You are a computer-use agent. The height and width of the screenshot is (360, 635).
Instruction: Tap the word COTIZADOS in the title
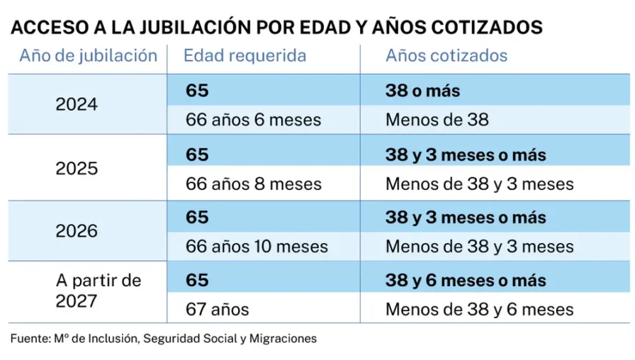[486, 27]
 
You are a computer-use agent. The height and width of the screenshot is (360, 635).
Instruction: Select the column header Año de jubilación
[89, 56]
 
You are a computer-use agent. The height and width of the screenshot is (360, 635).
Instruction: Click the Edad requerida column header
[245, 56]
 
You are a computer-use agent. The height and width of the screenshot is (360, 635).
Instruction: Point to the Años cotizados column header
[446, 55]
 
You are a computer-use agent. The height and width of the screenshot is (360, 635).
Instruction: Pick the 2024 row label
[77, 104]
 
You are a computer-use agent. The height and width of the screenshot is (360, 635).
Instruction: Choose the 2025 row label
[77, 169]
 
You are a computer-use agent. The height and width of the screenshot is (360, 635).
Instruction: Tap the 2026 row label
[77, 231]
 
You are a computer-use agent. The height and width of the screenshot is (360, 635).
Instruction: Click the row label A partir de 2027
[99, 291]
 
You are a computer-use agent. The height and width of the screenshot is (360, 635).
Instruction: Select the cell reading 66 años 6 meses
[253, 120]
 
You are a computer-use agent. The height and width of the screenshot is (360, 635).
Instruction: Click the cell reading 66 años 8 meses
[254, 184]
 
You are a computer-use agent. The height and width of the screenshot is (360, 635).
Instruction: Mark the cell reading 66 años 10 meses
[257, 247]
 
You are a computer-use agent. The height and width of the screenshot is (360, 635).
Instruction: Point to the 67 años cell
[217, 310]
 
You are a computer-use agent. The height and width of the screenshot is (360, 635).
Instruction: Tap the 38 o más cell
[423, 91]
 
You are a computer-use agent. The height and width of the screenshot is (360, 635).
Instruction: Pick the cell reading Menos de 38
[437, 120]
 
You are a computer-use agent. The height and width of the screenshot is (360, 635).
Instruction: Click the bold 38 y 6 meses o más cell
[466, 280]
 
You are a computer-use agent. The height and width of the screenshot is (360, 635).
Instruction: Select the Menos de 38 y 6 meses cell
[480, 310]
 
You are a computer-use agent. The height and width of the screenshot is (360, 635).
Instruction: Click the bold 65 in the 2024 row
[197, 90]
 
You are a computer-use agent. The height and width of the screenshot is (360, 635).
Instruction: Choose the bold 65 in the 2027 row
[197, 280]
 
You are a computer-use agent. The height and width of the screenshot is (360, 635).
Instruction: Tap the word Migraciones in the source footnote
[283, 339]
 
